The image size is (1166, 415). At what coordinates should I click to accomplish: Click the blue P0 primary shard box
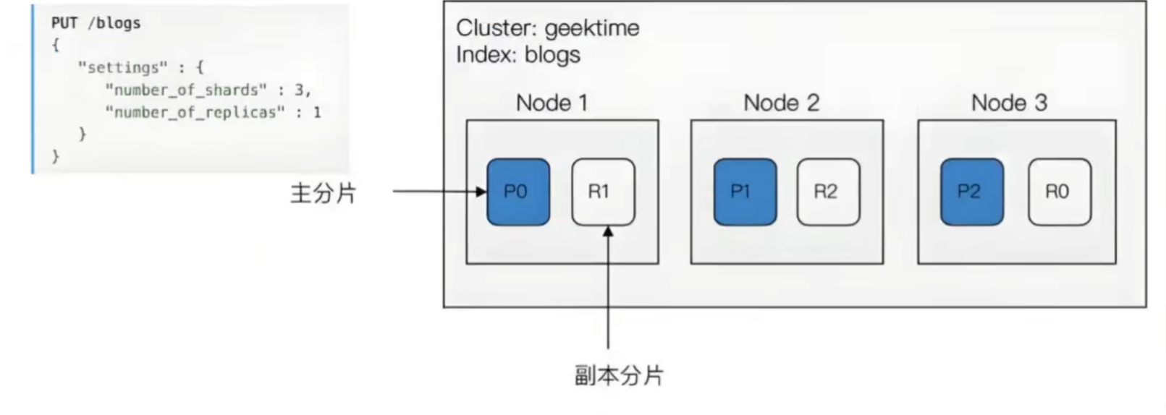518,192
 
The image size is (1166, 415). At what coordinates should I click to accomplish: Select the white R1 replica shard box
604,192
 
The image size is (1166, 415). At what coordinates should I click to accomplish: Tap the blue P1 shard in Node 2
745,192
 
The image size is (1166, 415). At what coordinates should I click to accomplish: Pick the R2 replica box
829,192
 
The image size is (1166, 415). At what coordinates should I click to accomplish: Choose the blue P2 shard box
972,192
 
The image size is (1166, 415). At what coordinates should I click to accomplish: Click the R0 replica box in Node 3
1060,192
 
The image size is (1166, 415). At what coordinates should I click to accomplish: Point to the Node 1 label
552,103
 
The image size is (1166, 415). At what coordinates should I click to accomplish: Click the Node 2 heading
782,103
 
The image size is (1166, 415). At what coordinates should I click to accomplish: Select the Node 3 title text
1010,103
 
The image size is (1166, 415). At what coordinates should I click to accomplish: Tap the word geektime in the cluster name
592,28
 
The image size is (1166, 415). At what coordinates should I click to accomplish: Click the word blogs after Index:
552,55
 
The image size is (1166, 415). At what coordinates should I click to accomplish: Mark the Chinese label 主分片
324,194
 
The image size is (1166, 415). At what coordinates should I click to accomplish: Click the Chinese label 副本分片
619,375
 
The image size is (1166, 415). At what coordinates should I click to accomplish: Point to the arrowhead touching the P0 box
481,192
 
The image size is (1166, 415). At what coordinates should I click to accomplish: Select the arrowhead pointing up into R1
608,231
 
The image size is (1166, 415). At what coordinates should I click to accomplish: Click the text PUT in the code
64,23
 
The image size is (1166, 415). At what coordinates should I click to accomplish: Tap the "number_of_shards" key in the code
186,90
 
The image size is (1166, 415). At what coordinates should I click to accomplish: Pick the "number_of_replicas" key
195,112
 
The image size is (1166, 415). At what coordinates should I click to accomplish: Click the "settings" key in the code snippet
123,68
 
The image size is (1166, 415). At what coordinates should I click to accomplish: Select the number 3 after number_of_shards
299,90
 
